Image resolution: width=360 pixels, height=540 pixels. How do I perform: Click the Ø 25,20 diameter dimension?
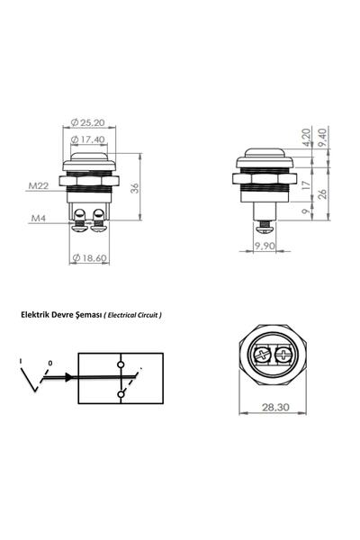point(92,123)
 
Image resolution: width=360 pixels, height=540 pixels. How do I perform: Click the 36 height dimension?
point(135,188)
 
